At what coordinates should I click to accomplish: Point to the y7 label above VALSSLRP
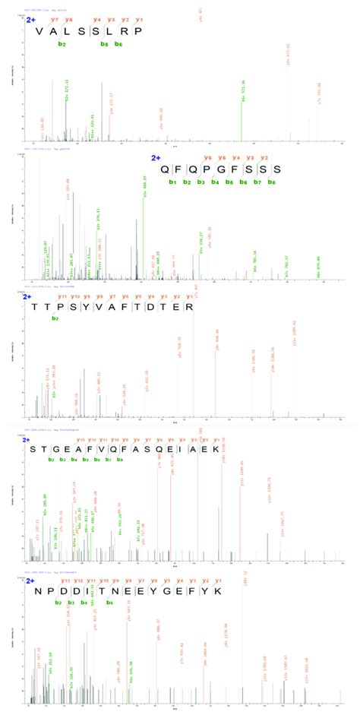[x=55, y=18]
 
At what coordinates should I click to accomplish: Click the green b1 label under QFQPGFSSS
[x=173, y=182]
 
